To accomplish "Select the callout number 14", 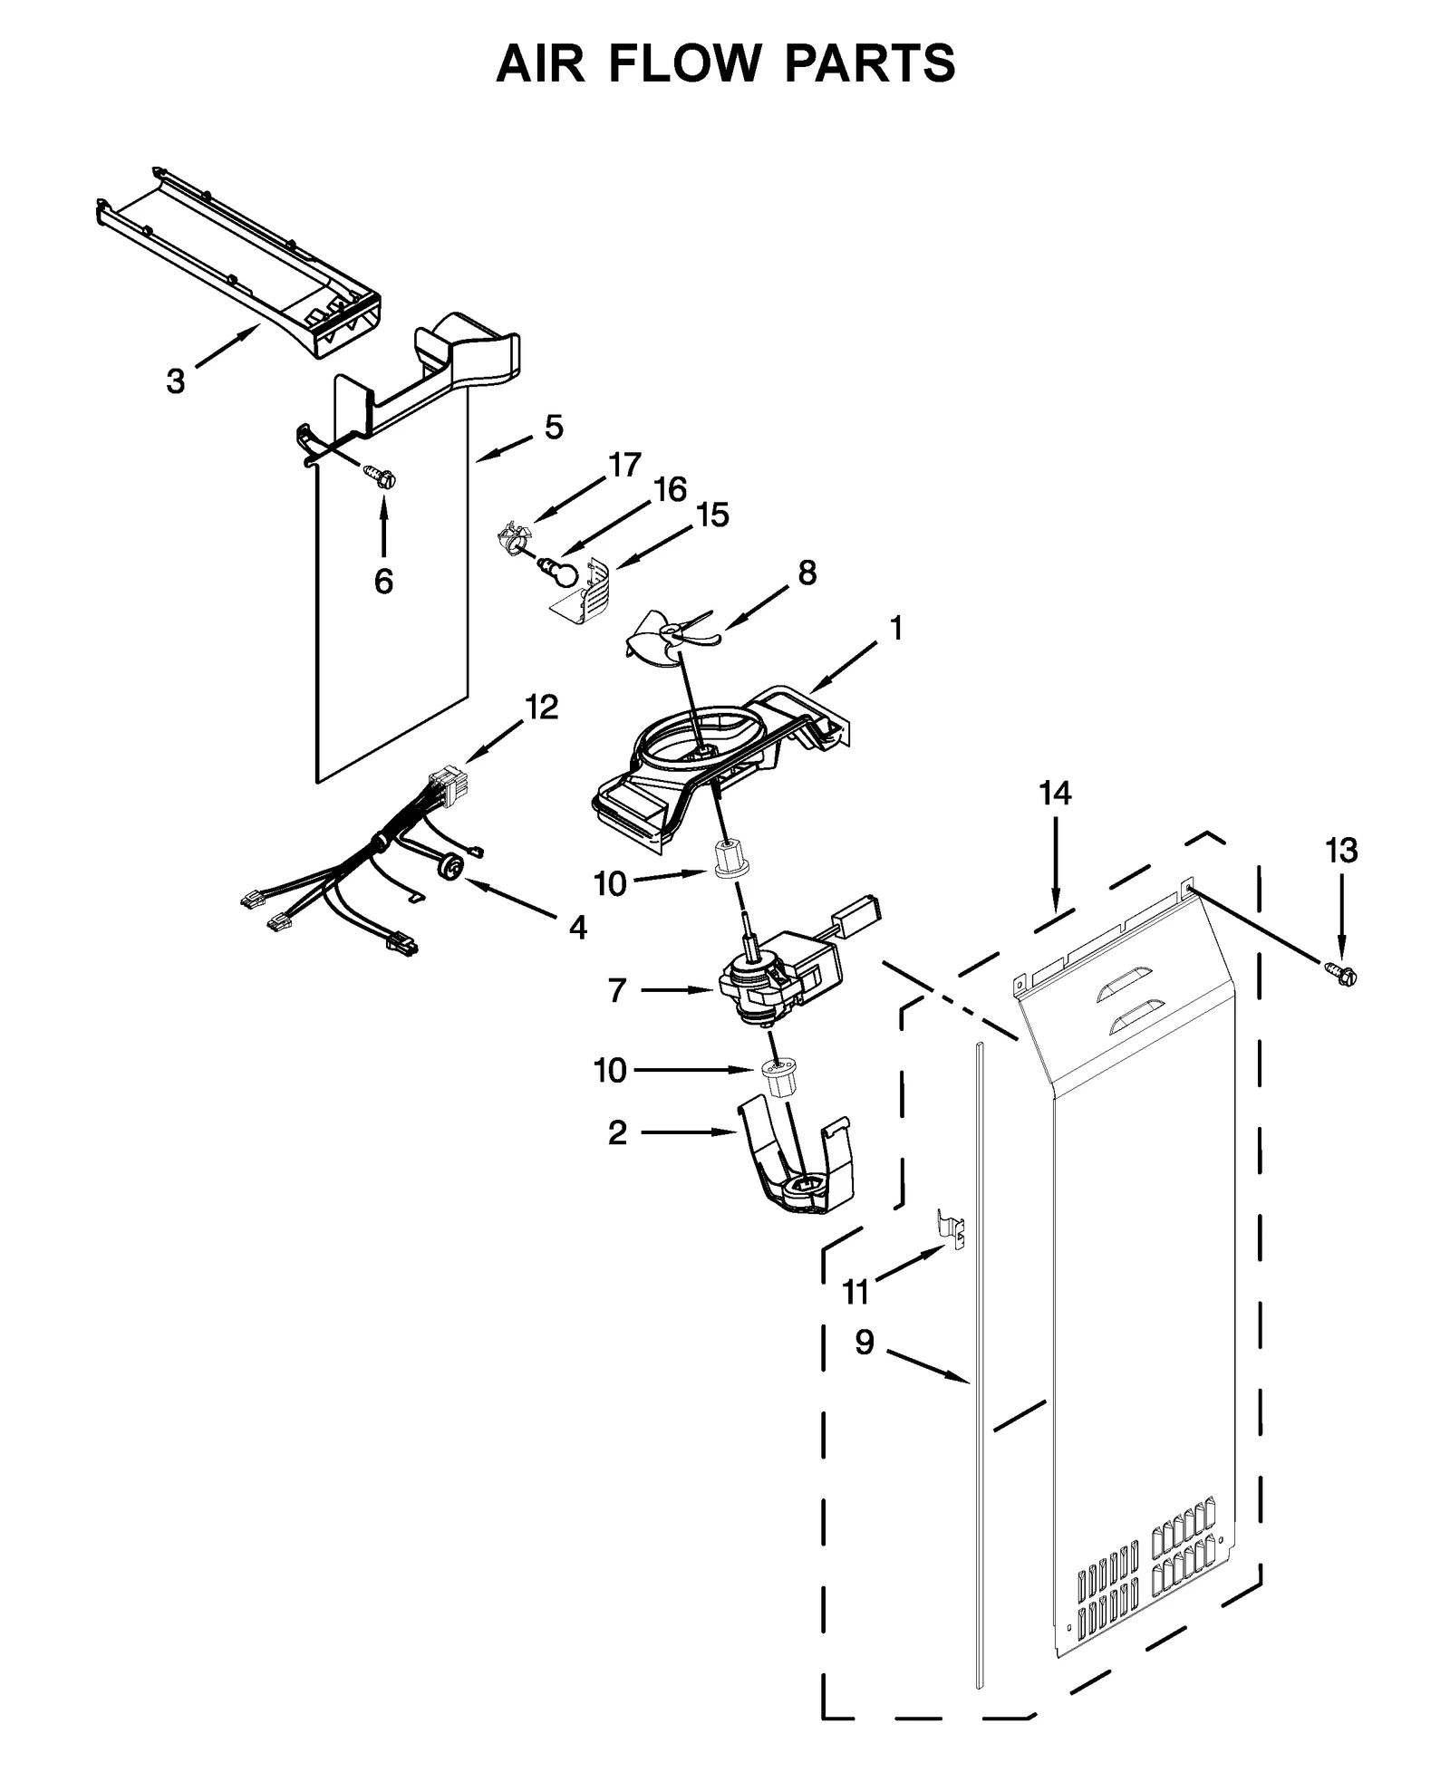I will pyautogui.click(x=1055, y=794).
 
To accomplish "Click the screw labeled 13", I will pyautogui.click(x=1343, y=976).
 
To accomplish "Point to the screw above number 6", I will pyautogui.click(x=382, y=477).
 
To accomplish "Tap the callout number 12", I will pyautogui.click(x=542, y=707).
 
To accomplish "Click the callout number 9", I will pyautogui.click(x=865, y=1342).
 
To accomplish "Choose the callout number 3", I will pyautogui.click(x=175, y=380).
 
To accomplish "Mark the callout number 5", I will pyautogui.click(x=554, y=427).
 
